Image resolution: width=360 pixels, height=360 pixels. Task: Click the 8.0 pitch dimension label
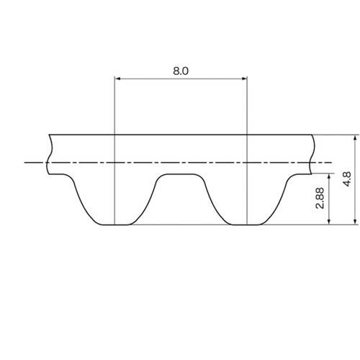181,71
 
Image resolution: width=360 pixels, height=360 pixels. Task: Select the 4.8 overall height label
347,179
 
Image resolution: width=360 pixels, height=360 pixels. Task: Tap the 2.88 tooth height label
320,198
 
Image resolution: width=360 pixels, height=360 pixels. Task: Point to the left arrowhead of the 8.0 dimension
117,78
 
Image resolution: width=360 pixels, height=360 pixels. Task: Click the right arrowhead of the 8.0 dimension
244,78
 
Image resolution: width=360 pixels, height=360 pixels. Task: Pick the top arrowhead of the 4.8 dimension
355,138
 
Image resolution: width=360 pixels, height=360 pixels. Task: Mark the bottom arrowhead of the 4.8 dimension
355,222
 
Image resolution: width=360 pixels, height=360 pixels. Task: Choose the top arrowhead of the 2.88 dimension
329,176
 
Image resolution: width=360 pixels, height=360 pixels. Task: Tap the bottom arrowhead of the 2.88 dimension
329,222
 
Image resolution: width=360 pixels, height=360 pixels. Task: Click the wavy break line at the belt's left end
49,154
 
